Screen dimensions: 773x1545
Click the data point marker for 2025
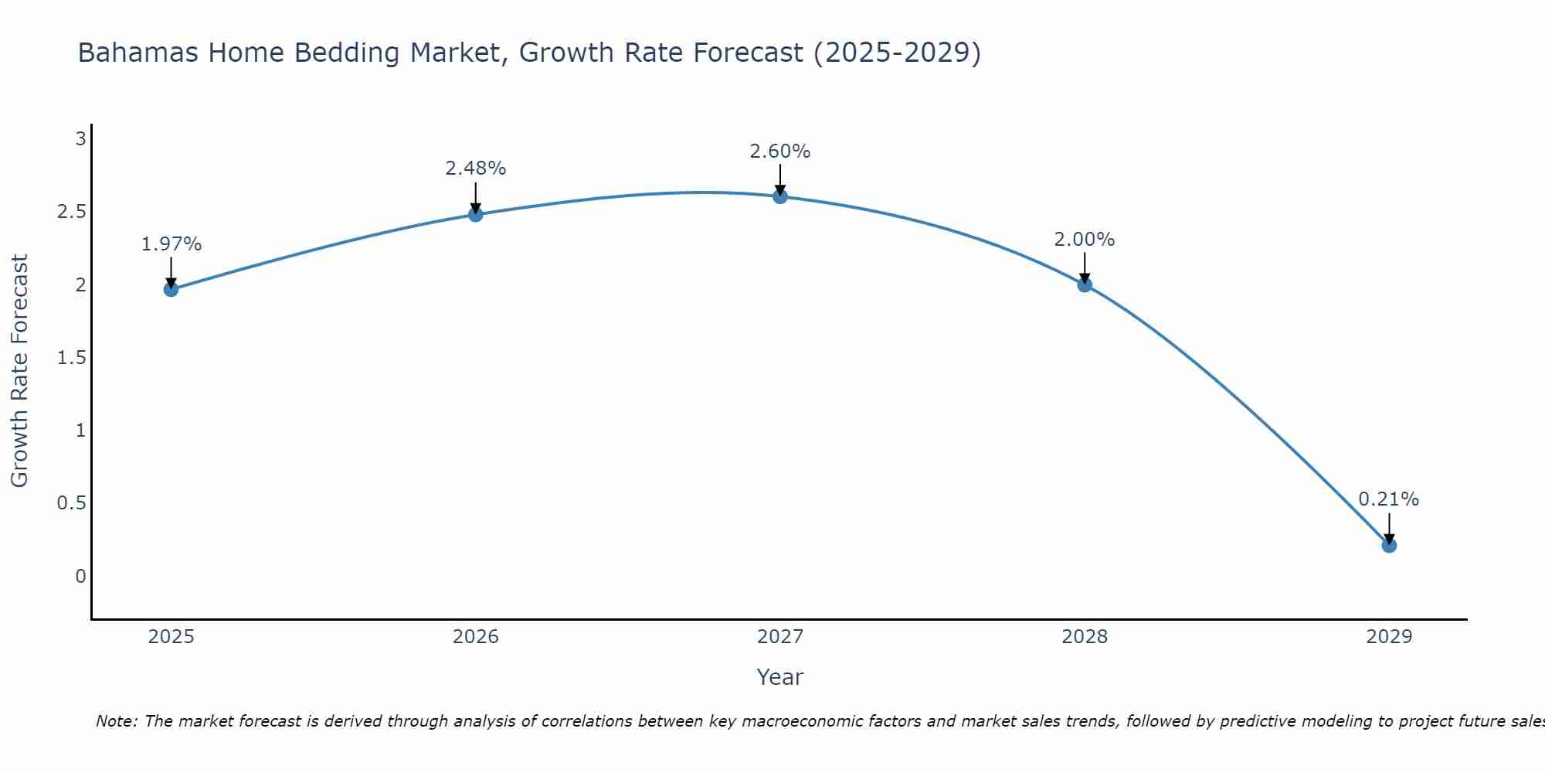tap(171, 289)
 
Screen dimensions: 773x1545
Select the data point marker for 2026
tap(476, 214)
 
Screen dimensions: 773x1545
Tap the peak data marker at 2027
tap(780, 196)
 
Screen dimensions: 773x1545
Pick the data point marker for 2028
tap(1085, 284)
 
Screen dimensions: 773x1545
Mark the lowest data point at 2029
tap(1389, 545)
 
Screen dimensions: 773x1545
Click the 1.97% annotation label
tap(171, 244)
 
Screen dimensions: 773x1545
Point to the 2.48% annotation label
tap(476, 169)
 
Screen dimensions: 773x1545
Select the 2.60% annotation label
tap(780, 152)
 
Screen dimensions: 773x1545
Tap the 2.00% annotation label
tap(1085, 240)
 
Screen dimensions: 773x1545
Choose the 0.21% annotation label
tap(1389, 499)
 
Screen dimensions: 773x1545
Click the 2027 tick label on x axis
tap(780, 637)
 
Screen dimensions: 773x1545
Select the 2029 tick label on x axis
tap(1389, 637)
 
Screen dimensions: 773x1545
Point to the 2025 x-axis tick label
tap(171, 637)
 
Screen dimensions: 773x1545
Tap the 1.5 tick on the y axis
tap(71, 358)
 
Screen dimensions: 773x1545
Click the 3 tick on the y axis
tap(80, 139)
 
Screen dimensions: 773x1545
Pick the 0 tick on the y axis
tap(80, 576)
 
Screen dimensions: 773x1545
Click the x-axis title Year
tap(780, 677)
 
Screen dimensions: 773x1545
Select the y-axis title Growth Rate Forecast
tap(20, 371)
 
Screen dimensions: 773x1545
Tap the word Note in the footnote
tap(116, 721)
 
